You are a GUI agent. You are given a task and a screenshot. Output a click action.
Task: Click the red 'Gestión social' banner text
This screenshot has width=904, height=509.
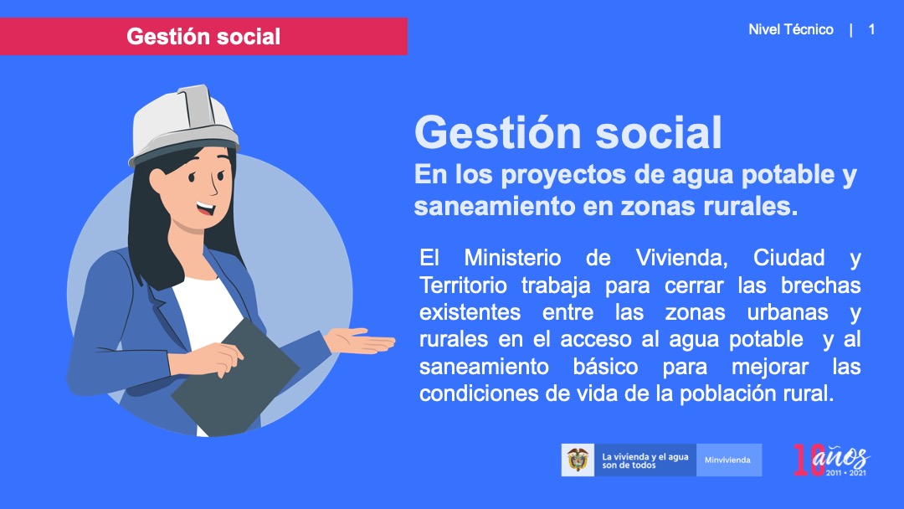click(203, 36)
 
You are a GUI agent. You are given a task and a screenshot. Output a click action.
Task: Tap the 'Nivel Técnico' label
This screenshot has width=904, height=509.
click(790, 29)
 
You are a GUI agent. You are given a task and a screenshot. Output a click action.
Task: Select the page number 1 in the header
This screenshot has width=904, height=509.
click(871, 29)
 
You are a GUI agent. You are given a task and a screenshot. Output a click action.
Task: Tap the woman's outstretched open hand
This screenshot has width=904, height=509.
click(360, 341)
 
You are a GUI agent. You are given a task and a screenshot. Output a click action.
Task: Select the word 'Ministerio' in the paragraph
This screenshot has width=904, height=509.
click(512, 258)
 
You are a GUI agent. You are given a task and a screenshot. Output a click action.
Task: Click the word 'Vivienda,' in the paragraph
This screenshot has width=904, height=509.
click(681, 258)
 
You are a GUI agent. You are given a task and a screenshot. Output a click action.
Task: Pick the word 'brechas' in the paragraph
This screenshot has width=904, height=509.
click(821, 285)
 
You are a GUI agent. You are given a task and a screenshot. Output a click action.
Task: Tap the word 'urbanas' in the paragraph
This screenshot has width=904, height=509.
click(788, 312)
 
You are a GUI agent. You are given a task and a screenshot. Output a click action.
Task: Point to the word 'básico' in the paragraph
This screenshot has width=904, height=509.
click(605, 367)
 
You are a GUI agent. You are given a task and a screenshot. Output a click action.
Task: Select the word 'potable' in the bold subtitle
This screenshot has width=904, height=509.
click(783, 175)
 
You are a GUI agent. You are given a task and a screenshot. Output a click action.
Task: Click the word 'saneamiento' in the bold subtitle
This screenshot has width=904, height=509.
click(494, 207)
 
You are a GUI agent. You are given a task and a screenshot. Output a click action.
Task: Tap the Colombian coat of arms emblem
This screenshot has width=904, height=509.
click(578, 460)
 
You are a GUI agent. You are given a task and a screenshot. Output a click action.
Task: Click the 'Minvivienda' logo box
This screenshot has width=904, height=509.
click(729, 460)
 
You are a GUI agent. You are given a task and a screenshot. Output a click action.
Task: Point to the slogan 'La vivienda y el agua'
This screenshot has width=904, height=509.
click(645, 456)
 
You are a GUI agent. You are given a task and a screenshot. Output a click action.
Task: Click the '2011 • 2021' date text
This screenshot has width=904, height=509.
click(845, 473)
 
